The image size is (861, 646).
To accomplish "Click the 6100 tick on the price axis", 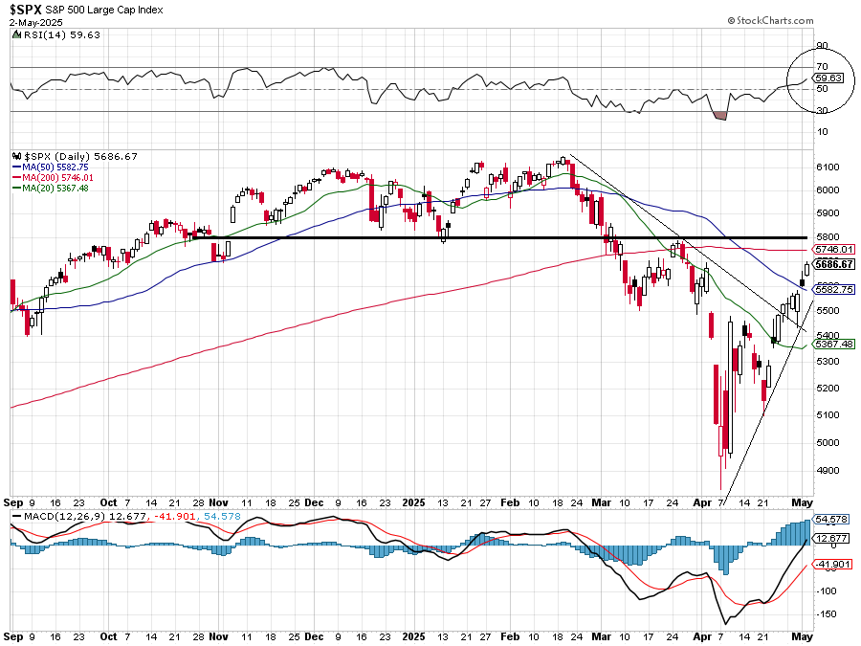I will (x=828, y=167).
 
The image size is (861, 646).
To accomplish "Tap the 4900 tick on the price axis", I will (x=828, y=470).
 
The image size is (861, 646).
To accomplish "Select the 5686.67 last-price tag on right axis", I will (x=833, y=264).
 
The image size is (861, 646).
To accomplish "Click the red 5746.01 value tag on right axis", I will (x=833, y=249).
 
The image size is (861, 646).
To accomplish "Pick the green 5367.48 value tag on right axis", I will (x=833, y=344).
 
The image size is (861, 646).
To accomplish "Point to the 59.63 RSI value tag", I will (x=828, y=78).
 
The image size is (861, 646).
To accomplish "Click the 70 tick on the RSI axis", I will (x=822, y=68).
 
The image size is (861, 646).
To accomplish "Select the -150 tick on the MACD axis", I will (x=827, y=613).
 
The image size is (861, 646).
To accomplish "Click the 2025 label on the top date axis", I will (x=413, y=501).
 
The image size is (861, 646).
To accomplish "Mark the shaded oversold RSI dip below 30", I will (x=720, y=115).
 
